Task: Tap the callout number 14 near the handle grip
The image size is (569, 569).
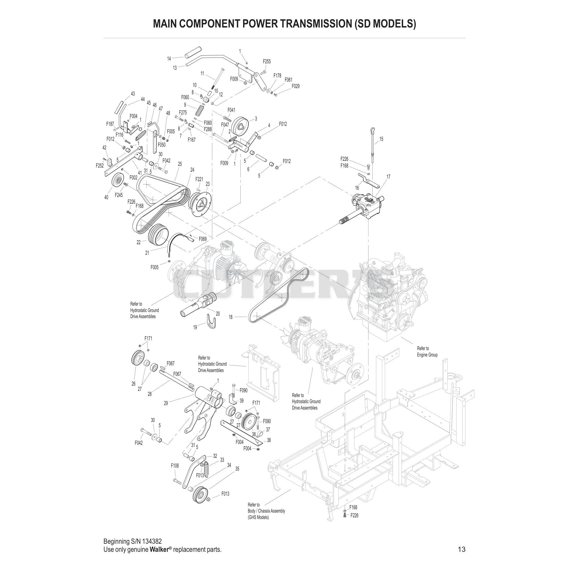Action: point(169,59)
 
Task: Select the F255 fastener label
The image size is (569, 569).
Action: point(267,62)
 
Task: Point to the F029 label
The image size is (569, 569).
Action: point(296,86)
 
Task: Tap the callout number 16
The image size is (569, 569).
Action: point(357,188)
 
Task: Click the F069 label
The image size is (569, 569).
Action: point(203,239)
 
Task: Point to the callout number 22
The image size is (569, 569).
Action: point(139,242)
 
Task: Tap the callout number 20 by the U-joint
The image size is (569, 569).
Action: point(218,314)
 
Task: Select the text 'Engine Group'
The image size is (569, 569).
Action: point(427,355)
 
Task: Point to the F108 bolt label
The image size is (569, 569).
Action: point(175,466)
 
